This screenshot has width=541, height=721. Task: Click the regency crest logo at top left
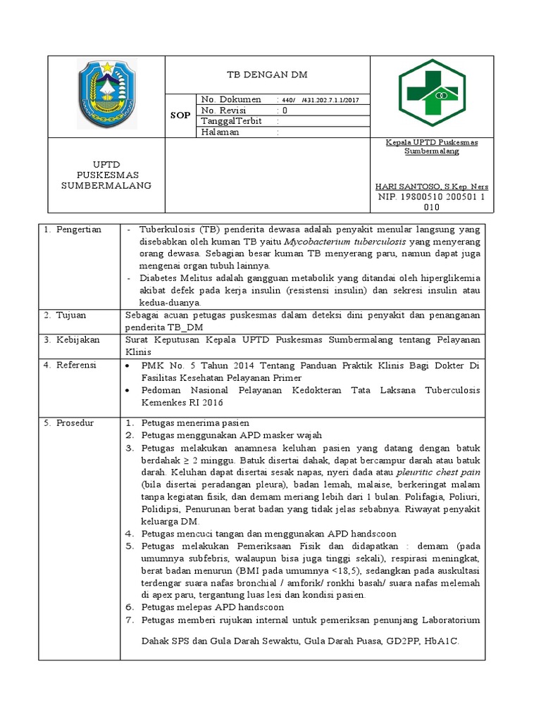pos(106,94)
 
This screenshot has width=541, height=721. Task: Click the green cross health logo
pos(433,93)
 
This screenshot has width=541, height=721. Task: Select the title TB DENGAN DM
pos(266,74)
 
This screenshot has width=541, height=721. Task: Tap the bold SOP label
pos(180,115)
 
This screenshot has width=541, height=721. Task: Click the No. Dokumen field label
pos(231,99)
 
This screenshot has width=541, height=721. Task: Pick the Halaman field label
pos(220,132)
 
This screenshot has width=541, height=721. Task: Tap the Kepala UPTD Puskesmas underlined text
pos(431,142)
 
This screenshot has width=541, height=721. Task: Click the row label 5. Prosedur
pos(69,422)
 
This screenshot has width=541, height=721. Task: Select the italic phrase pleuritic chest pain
pos(438,472)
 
